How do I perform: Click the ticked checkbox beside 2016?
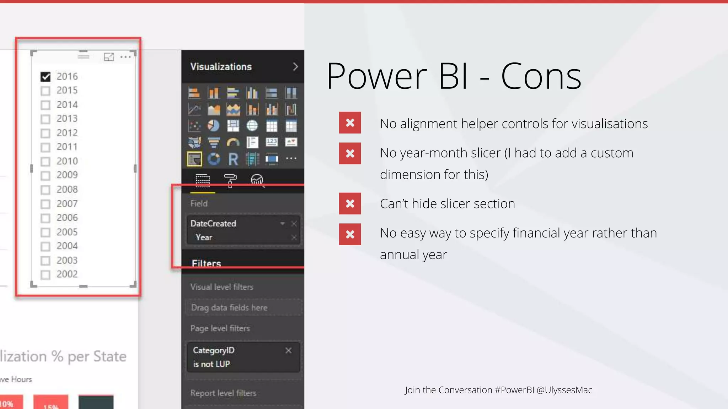[45, 77]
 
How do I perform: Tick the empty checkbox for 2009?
[45, 175]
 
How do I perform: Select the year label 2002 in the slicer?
[67, 274]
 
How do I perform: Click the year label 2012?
[67, 133]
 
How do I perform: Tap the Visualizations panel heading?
[221, 67]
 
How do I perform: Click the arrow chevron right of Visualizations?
[295, 67]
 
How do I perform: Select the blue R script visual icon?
[233, 159]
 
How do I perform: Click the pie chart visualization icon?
[214, 126]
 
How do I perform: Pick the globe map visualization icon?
[252, 126]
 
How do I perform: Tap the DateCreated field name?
[213, 224]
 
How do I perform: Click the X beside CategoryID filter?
[288, 350]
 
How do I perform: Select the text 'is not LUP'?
[212, 364]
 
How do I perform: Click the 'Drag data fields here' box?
[243, 307]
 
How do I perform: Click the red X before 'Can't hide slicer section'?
[350, 203]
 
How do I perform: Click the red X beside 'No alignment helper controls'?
[350, 123]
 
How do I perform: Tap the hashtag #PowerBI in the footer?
[514, 390]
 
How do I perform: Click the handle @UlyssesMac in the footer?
[564, 390]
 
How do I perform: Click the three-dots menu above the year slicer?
[125, 57]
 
